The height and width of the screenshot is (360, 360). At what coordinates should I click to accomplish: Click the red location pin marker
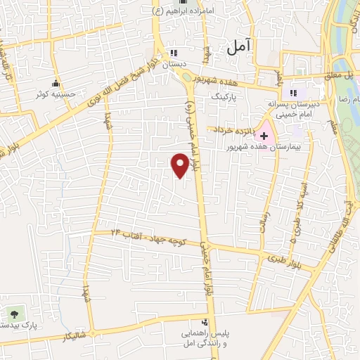[x=181, y=165]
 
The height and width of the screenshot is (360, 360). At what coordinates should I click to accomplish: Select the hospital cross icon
[x=264, y=135]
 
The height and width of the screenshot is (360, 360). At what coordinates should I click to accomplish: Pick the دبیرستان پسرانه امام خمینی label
[x=295, y=108]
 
